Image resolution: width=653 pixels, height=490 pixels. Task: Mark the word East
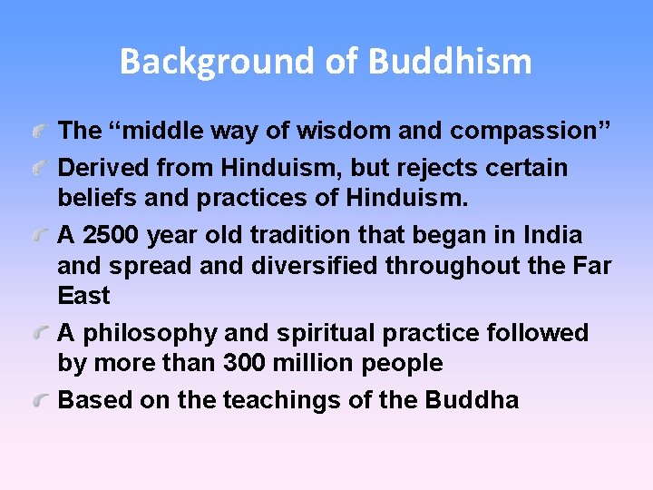tap(83, 296)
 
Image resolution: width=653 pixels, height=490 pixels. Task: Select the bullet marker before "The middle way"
tap(40, 132)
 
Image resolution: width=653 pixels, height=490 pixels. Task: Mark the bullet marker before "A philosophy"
tap(40, 335)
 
